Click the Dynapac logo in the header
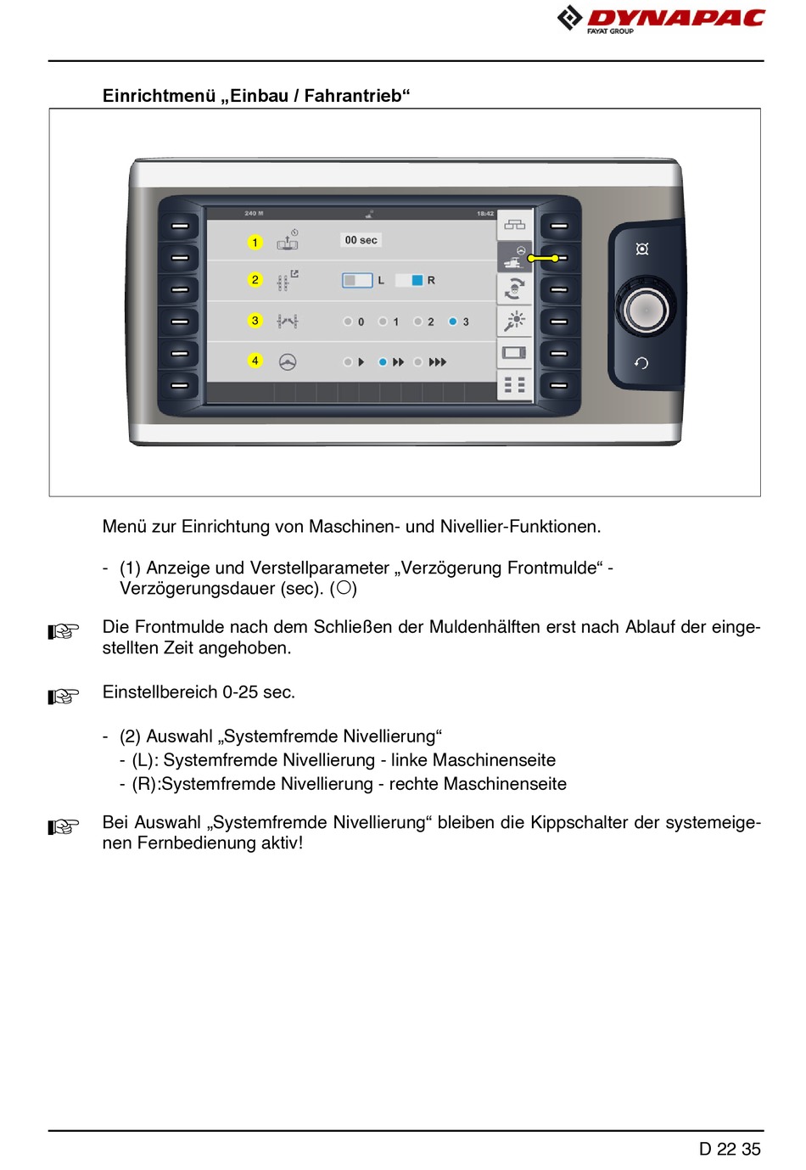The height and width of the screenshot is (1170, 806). tap(661, 19)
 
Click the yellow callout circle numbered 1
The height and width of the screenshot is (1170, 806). tap(255, 243)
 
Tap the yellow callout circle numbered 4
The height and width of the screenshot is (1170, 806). tap(255, 361)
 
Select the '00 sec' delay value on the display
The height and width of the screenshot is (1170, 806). tap(361, 240)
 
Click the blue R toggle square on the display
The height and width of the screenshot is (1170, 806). tap(417, 280)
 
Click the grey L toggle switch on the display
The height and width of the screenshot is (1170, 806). tap(357, 280)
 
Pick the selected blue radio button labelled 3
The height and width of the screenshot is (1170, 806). tap(453, 322)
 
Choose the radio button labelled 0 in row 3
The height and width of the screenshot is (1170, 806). tap(348, 322)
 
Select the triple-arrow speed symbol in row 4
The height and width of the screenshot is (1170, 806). tap(437, 362)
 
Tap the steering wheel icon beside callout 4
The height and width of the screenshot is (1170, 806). tap(288, 362)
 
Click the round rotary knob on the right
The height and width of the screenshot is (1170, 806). tap(646, 310)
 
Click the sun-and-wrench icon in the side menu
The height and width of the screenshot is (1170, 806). tap(514, 321)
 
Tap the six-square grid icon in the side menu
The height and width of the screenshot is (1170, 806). tap(514, 385)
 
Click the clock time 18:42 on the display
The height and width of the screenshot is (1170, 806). tap(484, 214)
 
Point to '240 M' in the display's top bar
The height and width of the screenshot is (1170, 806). tap(254, 214)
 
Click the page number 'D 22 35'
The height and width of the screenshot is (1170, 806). tap(730, 1149)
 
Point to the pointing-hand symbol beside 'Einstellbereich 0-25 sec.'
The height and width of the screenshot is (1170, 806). tap(64, 697)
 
